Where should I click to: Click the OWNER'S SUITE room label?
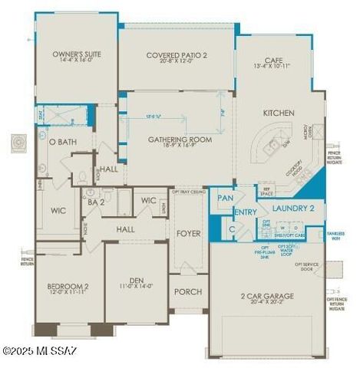coord(77,54)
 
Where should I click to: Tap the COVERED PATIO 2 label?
coord(177,54)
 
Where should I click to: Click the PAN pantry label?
coord(225,198)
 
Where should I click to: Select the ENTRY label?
coord(245,212)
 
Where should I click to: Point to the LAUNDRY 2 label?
coord(295,207)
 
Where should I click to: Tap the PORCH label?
coord(187,291)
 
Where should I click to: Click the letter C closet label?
coord(231,228)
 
